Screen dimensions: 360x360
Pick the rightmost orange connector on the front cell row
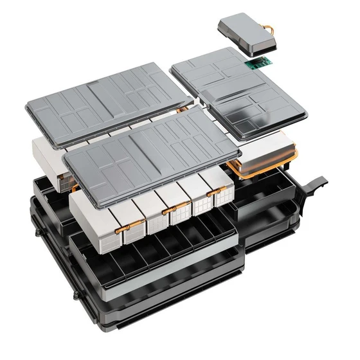pyautogui.click(x=215, y=191)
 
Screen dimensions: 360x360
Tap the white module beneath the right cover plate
pyautogui.click(x=264, y=151)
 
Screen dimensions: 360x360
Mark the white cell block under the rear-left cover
pyautogui.click(x=48, y=157)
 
